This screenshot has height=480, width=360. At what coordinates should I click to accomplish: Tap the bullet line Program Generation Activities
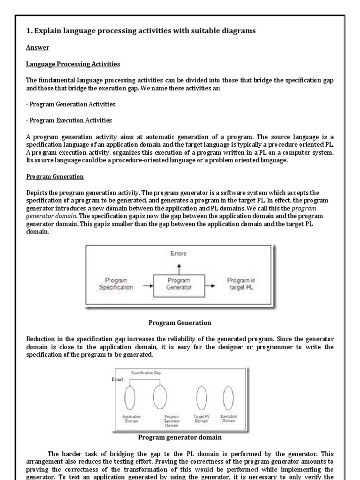pyautogui.click(x=71, y=104)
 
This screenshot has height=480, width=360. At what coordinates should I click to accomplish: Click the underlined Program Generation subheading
pyautogui.click(x=55, y=177)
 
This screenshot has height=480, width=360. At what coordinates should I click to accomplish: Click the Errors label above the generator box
pyautogui.click(x=179, y=254)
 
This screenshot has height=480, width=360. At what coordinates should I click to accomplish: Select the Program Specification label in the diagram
pyautogui.click(x=116, y=284)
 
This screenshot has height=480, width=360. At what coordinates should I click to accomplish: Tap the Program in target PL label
pyautogui.click(x=241, y=284)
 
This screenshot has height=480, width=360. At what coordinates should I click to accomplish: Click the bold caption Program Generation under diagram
pyautogui.click(x=180, y=322)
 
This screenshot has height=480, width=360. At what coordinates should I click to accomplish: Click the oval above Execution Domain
pyautogui.click(x=228, y=397)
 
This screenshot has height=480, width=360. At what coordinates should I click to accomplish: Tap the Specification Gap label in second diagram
pyautogui.click(x=145, y=373)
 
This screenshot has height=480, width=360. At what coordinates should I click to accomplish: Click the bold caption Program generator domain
pyautogui.click(x=180, y=438)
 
